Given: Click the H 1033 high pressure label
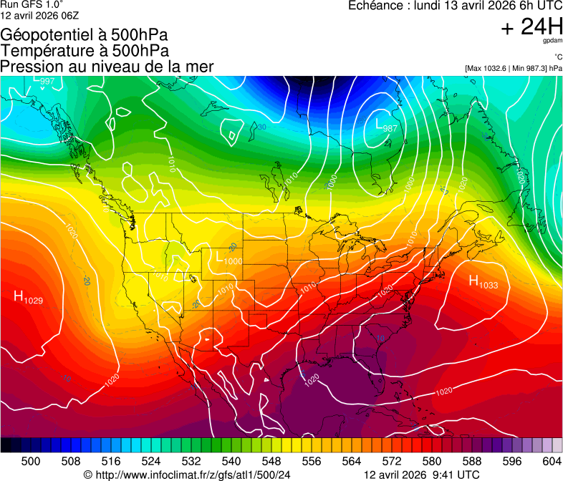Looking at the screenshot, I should click(483, 282).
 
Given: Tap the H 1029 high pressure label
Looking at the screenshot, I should click(28, 297).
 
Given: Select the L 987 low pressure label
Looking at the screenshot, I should click(386, 125).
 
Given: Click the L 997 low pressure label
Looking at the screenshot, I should click(43, 80).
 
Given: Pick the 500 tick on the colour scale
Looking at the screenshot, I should click(31, 460).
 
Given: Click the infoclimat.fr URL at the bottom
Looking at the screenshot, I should click(187, 475).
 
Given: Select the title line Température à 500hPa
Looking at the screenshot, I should click(85, 51).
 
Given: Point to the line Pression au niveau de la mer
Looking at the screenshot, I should click(107, 67).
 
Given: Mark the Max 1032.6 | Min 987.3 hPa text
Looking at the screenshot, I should click(513, 68).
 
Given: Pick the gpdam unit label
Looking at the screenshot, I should click(553, 42).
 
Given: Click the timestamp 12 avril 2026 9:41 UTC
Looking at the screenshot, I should click(422, 475).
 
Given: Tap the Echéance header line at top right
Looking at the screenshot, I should click(455, 6).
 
